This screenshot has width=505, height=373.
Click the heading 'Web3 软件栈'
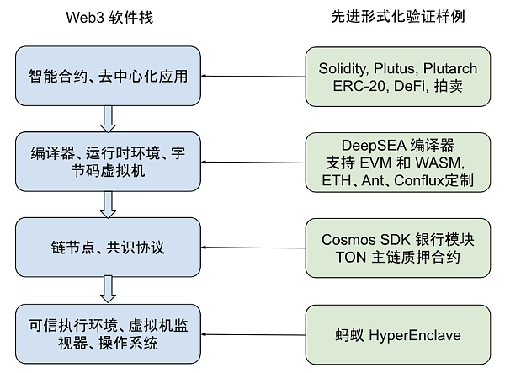click(x=106, y=17)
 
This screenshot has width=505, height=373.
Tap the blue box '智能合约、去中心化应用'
click(x=106, y=78)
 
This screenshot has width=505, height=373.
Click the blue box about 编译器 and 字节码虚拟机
click(x=106, y=162)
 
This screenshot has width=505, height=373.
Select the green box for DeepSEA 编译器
click(x=395, y=162)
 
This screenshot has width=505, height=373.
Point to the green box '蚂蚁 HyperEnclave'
click(x=395, y=335)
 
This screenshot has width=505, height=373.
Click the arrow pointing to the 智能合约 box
click(x=256, y=77)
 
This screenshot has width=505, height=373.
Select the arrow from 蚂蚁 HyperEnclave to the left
click(x=256, y=334)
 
